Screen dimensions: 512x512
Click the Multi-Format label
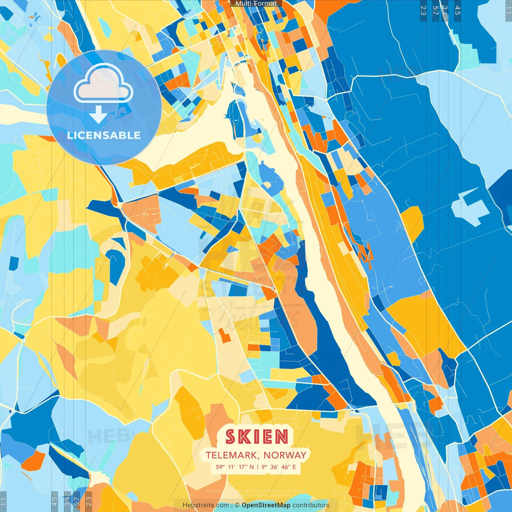point(256,4)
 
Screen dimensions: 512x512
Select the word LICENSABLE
point(104,135)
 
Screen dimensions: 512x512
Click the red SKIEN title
point(256,437)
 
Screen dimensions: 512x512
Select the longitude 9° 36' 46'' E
point(279,467)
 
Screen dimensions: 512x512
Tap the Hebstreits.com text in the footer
point(206,505)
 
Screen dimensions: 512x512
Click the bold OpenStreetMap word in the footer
point(266,505)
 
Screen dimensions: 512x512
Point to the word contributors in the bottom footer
point(311,505)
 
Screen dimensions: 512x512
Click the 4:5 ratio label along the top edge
point(458,10)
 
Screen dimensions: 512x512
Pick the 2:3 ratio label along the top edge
point(423,10)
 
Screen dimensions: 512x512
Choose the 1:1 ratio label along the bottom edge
point(3,501)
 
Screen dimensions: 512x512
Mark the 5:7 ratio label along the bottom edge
point(76,501)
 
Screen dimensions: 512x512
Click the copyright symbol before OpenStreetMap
point(237,505)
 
